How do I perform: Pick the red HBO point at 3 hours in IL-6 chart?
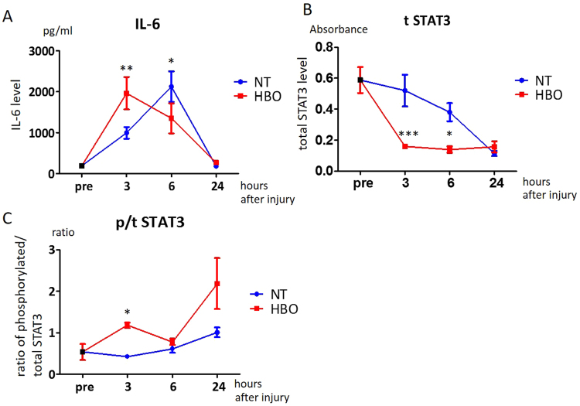[x=126, y=94]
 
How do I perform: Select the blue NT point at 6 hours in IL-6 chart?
[x=171, y=87]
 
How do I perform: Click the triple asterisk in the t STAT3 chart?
[x=408, y=135]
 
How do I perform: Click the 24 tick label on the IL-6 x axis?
[x=216, y=186]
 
